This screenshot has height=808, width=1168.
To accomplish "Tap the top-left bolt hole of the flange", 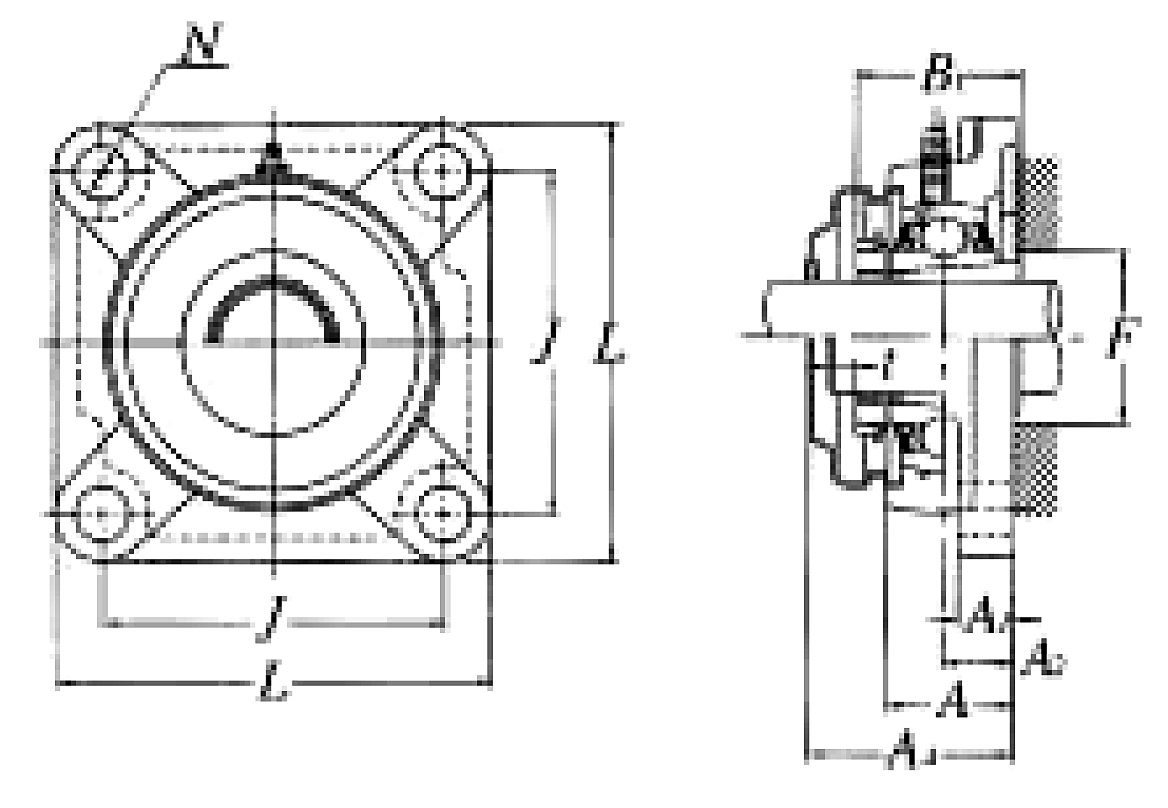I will click(102, 171).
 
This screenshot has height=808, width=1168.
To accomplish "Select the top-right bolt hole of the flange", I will click(443, 171).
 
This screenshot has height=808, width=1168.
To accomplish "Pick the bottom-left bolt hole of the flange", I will click(102, 514).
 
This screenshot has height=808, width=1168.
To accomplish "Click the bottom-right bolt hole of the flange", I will click(443, 514).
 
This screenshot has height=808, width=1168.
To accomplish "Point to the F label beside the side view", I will click(1124, 337).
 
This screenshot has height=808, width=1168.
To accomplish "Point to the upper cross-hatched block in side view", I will click(1038, 203).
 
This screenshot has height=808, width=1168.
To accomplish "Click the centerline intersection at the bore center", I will click(273, 343).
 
